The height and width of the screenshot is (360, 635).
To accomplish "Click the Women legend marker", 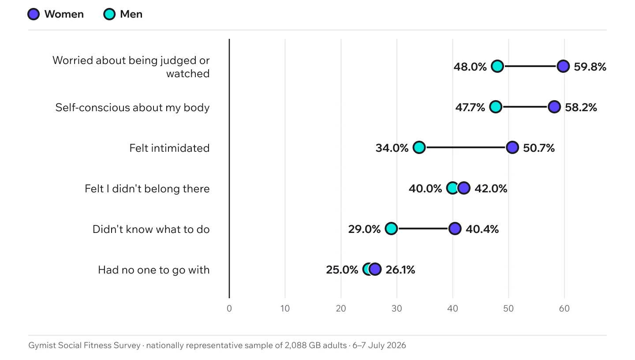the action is point(34,14).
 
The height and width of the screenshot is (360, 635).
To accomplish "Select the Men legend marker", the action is point(109,14).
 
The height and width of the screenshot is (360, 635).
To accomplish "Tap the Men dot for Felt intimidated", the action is point(419,147).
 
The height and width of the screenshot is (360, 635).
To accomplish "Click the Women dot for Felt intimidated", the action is point(512,147).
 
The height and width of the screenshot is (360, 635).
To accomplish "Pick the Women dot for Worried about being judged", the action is point(563,66).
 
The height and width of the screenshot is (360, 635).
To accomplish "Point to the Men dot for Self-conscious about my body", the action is point(496,107).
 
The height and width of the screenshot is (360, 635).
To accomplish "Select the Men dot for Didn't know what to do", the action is point(391,229).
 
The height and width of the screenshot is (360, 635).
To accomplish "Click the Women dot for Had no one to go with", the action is point(375,269).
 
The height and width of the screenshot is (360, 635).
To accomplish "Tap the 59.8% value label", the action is point(590,67).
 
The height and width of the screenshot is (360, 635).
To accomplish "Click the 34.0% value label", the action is point(392,148).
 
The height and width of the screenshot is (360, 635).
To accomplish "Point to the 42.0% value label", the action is point(491,189).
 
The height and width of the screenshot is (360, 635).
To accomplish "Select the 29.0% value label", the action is point(364,229).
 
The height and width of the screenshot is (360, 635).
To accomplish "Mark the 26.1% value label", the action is point(400,270).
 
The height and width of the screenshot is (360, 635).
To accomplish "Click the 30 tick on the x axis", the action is point(396,309).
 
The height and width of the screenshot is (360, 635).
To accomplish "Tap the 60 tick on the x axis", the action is point(564,309).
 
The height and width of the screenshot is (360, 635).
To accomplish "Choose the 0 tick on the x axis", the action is point(229,309).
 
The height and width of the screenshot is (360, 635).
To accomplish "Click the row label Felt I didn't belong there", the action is point(147,189).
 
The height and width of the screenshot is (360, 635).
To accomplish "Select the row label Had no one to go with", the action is point(153,270).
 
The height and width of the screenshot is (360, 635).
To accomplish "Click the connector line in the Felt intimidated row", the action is point(466,147).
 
